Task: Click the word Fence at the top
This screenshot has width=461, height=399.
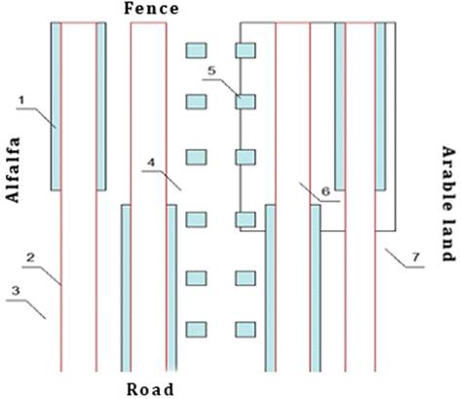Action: (x=151, y=9)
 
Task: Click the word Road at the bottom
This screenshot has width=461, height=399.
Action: (x=150, y=389)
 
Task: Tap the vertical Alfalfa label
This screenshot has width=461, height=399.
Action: (x=14, y=170)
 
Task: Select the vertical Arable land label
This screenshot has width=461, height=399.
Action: (x=448, y=204)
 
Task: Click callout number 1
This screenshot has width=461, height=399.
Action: (x=21, y=100)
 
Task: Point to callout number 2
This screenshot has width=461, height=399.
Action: (x=30, y=258)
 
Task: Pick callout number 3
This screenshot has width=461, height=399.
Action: (x=16, y=291)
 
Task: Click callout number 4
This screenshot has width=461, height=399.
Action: (x=151, y=162)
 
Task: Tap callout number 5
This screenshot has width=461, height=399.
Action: (x=211, y=70)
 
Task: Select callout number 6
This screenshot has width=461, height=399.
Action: (x=326, y=191)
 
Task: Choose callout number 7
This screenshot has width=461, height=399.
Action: (x=416, y=258)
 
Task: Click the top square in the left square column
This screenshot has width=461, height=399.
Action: (x=196, y=51)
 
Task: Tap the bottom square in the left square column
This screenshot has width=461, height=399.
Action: (x=196, y=330)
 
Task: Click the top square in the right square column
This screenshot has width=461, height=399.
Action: (x=246, y=51)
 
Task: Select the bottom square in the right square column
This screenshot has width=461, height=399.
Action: (x=246, y=330)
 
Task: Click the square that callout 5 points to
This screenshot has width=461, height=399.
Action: (x=246, y=101)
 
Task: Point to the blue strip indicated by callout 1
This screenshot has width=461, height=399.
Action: (x=56, y=106)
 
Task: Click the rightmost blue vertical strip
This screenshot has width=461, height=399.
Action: (x=380, y=106)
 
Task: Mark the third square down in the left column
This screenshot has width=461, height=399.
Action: (x=196, y=157)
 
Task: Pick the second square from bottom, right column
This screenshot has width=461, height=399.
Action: (x=246, y=278)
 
